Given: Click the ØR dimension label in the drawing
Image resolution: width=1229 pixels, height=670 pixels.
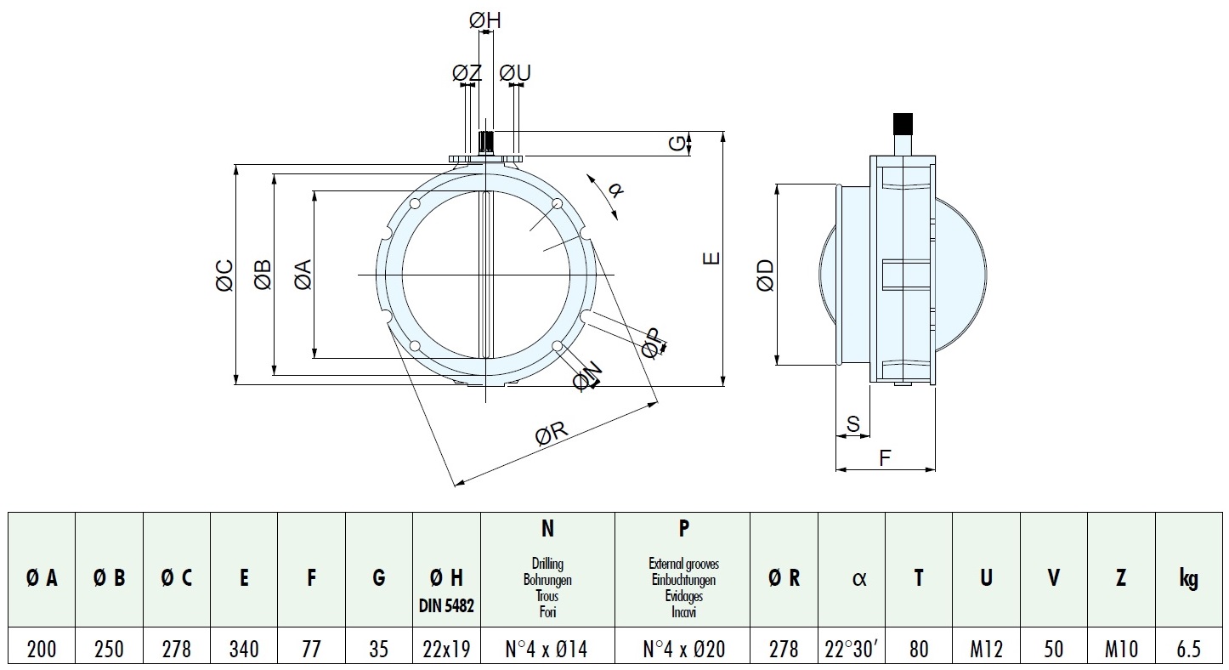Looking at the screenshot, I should pos(551,435).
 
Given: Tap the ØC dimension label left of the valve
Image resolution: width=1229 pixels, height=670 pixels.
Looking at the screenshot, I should pos(224,275).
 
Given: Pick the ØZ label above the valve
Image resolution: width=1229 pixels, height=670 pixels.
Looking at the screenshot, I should pos(467,73).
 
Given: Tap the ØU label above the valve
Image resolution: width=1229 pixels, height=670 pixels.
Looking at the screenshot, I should pos(515,73).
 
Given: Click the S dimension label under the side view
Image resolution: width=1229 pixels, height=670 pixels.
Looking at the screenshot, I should pos(853,423).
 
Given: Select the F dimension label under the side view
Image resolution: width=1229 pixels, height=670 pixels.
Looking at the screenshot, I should pos(884,458).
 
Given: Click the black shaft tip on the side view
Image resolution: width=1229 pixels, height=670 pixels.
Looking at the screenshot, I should pos(902,123).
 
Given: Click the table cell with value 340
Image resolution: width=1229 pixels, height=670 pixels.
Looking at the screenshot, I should pos(244,650).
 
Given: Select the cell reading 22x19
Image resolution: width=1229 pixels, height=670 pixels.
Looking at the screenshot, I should pos(446,650).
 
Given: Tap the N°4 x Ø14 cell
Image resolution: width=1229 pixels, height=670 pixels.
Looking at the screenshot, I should pos(547,650).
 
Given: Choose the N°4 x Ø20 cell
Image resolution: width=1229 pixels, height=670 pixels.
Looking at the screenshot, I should pos(683,650).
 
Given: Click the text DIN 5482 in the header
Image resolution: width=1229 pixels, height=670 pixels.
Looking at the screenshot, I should pos(446,605).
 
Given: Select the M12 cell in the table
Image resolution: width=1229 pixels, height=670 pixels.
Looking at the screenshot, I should pos(985,650).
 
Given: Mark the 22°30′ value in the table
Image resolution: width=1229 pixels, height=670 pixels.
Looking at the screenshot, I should pos(851,650).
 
